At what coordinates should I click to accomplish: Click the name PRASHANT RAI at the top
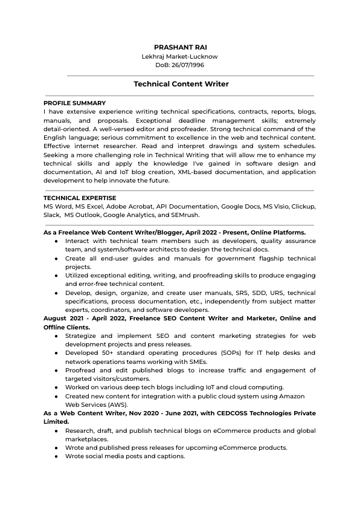tap(179, 47)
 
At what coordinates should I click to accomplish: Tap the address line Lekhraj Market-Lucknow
tap(179, 56)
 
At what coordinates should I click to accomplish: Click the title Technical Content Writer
tap(181, 85)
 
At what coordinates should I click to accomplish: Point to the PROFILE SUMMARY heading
tap(74, 103)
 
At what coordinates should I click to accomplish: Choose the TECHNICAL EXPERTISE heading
tap(80, 198)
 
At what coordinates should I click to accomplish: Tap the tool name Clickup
tap(303, 207)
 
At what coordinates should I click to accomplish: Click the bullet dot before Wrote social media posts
tap(56, 456)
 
